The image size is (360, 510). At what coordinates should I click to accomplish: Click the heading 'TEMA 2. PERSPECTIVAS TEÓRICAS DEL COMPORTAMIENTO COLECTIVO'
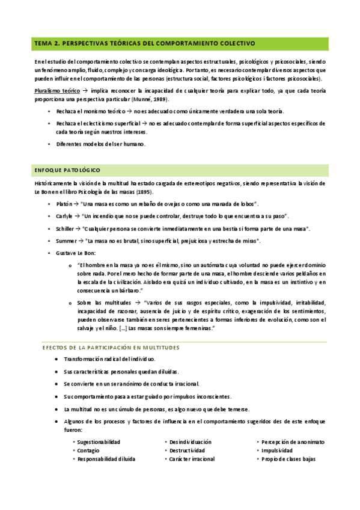tap(145, 44)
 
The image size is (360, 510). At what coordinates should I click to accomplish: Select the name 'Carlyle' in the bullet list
tap(67, 216)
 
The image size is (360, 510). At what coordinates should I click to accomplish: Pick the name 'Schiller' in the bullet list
tap(67, 229)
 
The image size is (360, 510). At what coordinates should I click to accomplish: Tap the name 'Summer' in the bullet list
tap(67, 241)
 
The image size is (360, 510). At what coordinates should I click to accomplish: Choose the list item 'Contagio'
tap(88, 450)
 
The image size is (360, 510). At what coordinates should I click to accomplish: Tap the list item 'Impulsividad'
tap(277, 450)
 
